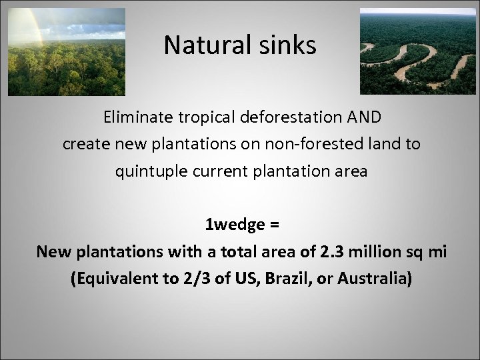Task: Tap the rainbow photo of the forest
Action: [x=66, y=52]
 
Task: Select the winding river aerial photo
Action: [x=418, y=51]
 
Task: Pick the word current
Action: [x=215, y=171]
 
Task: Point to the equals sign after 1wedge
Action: [x=275, y=225]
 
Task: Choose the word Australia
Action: [x=370, y=278]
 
